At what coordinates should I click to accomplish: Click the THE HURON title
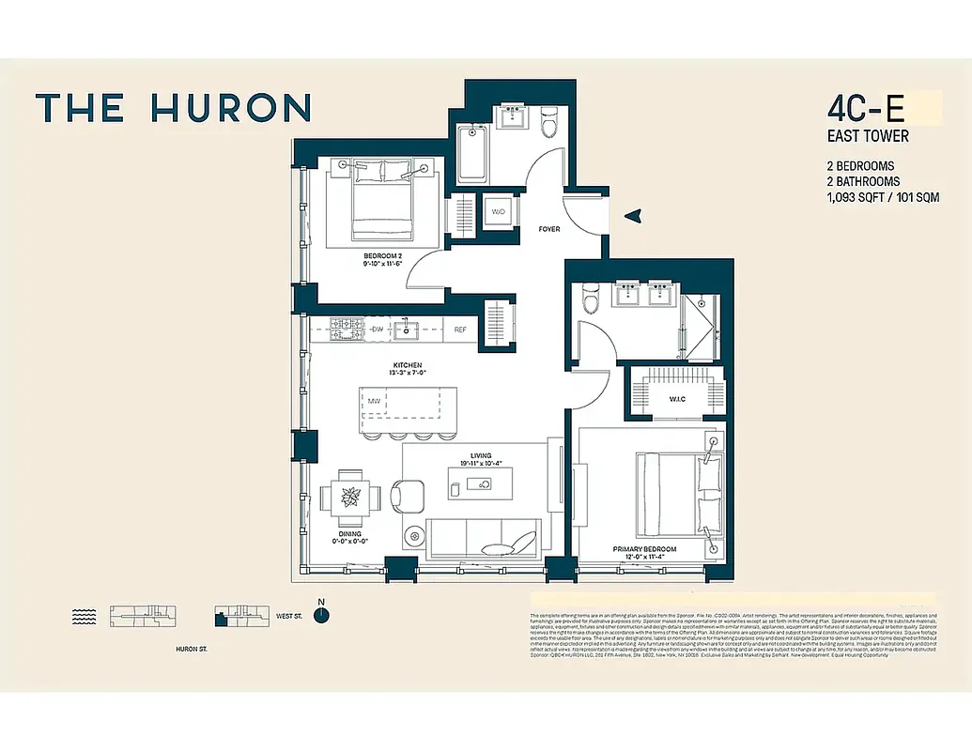click(x=173, y=108)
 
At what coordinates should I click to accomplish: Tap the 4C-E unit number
click(x=867, y=108)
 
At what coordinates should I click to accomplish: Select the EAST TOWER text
click(x=867, y=136)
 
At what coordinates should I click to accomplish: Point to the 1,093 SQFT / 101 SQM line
click(x=882, y=198)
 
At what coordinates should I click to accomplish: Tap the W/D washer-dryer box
click(x=498, y=211)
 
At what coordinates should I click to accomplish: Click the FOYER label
click(x=550, y=229)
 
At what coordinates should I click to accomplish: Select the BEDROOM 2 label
click(x=382, y=256)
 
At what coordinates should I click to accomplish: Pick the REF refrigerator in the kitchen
click(x=460, y=330)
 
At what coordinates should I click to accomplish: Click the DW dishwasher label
click(x=378, y=330)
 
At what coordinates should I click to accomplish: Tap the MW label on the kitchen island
click(x=374, y=402)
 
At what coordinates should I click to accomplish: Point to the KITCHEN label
click(x=408, y=365)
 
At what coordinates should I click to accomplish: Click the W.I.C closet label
click(x=679, y=399)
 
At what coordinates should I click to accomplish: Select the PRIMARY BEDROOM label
click(x=644, y=549)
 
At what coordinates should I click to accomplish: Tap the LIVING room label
click(x=481, y=457)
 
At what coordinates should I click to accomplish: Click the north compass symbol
click(x=321, y=615)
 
